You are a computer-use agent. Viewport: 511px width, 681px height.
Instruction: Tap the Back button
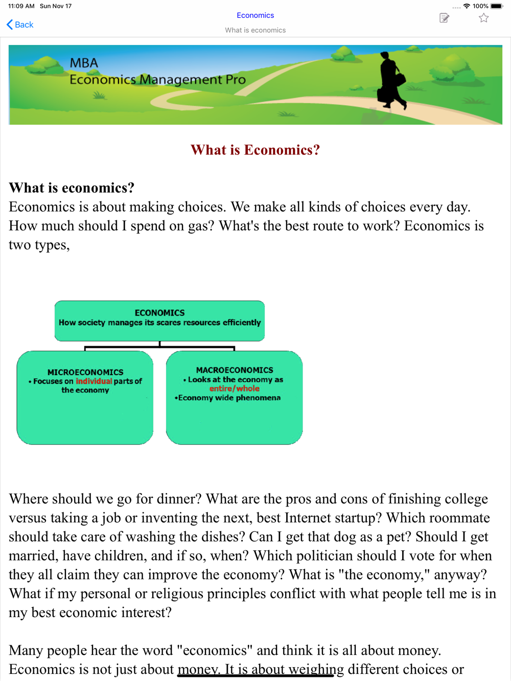(x=20, y=25)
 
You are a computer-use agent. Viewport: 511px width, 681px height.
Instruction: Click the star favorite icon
(x=483, y=18)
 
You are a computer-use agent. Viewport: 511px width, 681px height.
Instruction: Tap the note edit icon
(x=444, y=18)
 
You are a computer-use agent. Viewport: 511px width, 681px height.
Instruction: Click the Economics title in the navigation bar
(x=255, y=15)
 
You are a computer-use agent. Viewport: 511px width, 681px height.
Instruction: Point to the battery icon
(x=496, y=6)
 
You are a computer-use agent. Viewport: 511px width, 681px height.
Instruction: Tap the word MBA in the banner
(x=84, y=63)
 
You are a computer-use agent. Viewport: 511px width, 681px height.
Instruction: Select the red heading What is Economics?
(x=255, y=150)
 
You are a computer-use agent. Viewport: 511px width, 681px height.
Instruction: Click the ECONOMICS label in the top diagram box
(x=159, y=313)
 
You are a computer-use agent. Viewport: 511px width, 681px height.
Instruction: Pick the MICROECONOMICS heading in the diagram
(x=85, y=373)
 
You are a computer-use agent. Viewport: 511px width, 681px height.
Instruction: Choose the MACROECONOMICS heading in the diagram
(x=235, y=370)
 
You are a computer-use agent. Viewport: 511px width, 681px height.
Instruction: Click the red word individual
(x=94, y=381)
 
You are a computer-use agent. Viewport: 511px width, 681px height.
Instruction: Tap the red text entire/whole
(x=235, y=388)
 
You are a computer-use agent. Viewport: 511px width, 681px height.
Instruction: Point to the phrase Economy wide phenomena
(x=229, y=398)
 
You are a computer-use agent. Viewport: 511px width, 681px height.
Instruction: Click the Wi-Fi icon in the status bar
(x=467, y=6)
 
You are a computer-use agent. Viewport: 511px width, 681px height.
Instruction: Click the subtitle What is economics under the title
(x=255, y=30)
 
